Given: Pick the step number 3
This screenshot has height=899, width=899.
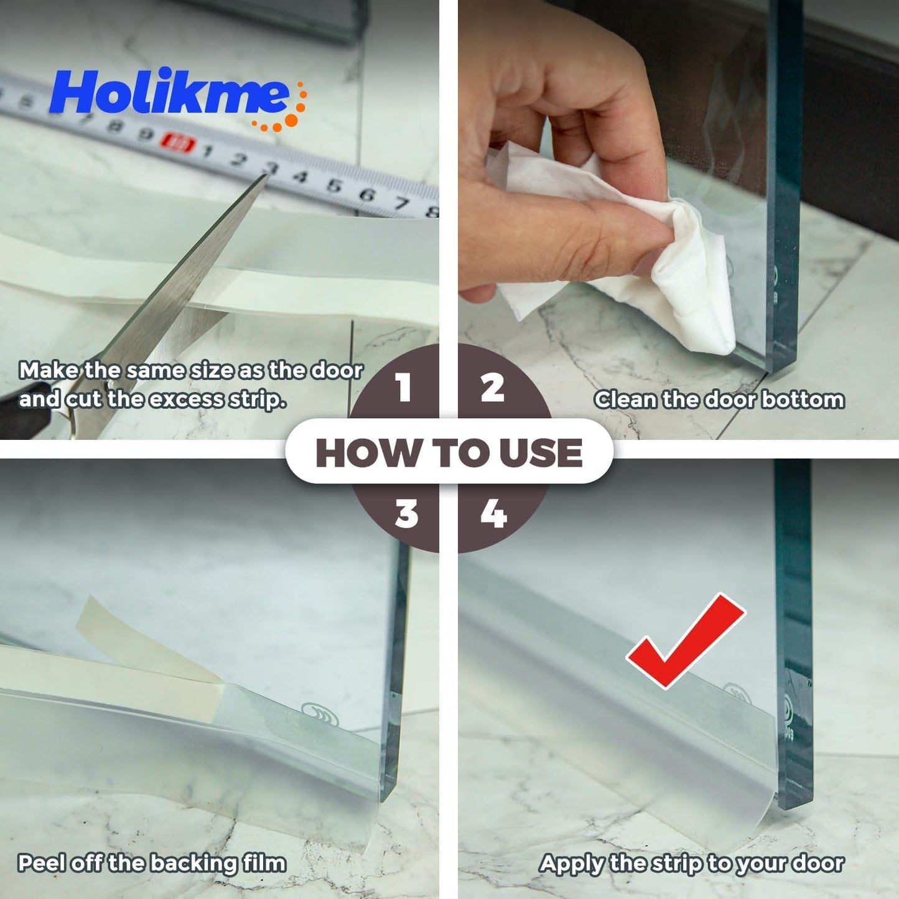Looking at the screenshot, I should point(406,515).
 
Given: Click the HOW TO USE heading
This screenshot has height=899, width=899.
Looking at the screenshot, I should point(449,452).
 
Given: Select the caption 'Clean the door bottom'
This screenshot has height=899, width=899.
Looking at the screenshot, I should point(719,399).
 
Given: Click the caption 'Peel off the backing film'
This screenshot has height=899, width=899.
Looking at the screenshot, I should point(152,863).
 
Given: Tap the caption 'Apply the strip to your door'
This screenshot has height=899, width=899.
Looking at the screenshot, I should point(691,863).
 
